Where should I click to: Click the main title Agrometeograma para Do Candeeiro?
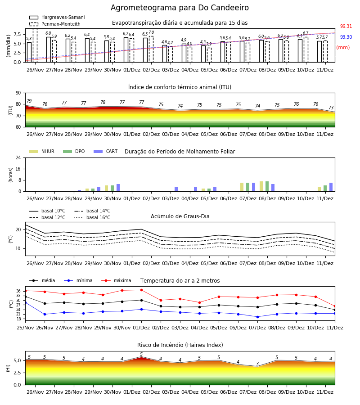[180, 8]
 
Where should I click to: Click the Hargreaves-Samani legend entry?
[57, 17]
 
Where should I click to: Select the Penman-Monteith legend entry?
[55, 24]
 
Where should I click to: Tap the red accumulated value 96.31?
[346, 27]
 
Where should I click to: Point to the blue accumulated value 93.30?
[346, 37]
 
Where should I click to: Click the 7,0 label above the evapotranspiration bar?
[151, 32]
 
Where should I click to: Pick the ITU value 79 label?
[29, 101]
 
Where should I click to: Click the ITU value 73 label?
[331, 108]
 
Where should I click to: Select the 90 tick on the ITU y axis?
[18, 93]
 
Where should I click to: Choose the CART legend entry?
[106, 151]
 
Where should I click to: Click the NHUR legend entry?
[42, 151]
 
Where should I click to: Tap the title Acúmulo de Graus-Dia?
[180, 216]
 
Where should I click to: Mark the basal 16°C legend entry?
[92, 217]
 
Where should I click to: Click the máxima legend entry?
[116, 280]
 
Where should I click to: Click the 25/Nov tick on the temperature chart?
[25, 328]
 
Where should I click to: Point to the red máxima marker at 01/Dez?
[141, 290]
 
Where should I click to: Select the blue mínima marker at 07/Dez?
[257, 317]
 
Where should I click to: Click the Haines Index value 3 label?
[257, 364]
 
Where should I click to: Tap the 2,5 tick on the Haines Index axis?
[17, 373]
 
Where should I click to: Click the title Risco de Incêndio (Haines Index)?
[180, 345]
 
